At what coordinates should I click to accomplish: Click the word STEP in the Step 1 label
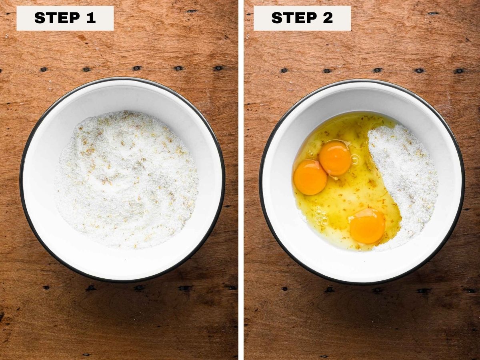[x=57, y=18]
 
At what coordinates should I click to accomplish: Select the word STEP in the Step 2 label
[x=294, y=18]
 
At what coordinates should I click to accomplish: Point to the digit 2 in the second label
[x=328, y=18]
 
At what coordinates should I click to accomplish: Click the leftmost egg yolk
[x=310, y=177]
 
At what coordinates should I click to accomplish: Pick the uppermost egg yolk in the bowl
[x=335, y=158]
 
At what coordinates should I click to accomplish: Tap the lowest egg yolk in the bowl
[x=367, y=226]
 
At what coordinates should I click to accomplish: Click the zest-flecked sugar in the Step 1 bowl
[x=126, y=180]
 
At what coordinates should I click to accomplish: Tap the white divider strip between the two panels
[x=241, y=180]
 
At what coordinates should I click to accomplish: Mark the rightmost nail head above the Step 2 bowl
[x=460, y=71]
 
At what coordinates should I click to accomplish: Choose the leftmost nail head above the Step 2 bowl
[x=284, y=70]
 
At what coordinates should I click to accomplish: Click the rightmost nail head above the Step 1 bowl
[x=218, y=68]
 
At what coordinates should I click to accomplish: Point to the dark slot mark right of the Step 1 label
[x=192, y=11]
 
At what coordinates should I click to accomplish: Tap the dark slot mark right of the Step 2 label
[x=433, y=14]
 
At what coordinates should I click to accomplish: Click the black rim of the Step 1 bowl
[x=21, y=180]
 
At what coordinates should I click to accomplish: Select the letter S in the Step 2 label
[x=277, y=18]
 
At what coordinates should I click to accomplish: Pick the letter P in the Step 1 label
[x=75, y=18]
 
